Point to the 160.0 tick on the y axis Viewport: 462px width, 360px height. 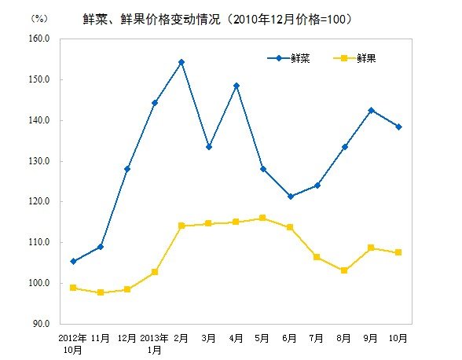pos(40,39)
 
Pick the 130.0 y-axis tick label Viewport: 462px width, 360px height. pos(40,161)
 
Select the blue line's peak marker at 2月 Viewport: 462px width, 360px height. pos(181,62)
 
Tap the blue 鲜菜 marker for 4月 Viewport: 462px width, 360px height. pos(236,86)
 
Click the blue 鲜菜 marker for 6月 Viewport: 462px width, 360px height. pos(291,197)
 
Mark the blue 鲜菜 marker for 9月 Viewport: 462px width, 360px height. pos(372,110)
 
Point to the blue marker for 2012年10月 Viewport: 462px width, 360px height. pos(73,261)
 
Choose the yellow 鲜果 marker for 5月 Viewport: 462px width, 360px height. pos(263,218)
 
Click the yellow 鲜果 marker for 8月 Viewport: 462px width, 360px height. pos(344,270)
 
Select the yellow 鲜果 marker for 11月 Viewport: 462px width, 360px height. pos(101,292)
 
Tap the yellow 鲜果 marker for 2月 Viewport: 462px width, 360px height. pos(181,226)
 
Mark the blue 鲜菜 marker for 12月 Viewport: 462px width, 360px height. pos(127,169)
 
